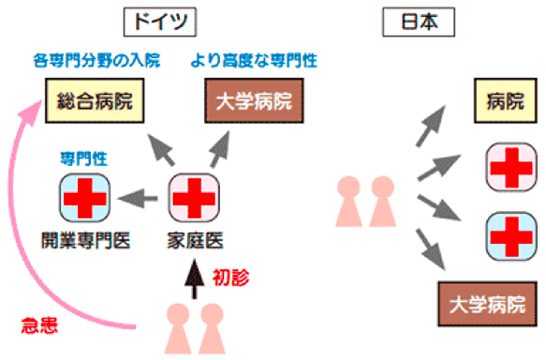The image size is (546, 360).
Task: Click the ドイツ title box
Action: pyautogui.click(x=160, y=22)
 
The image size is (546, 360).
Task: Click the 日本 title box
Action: pyautogui.click(x=419, y=22)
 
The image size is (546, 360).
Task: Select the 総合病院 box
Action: pyautogui.click(x=95, y=101)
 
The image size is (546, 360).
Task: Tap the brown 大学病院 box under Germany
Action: pyautogui.click(x=254, y=101)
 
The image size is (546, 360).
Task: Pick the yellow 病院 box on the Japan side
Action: pyautogui.click(x=505, y=101)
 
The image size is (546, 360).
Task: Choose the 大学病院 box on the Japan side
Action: pyautogui.click(x=488, y=304)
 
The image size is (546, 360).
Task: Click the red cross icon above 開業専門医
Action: pyautogui.click(x=85, y=198)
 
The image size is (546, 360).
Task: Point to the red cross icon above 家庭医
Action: pyautogui.click(x=194, y=198)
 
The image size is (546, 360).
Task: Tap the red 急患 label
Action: pyautogui.click(x=39, y=326)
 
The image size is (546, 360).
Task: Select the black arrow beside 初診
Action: pyautogui.click(x=194, y=279)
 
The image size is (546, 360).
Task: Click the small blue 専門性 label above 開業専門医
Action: pyautogui.click(x=84, y=158)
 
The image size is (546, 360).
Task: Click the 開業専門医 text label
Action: pyautogui.click(x=86, y=241)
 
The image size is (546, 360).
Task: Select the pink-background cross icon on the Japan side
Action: pyautogui.click(x=511, y=167)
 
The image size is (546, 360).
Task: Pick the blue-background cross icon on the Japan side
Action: pyautogui.click(x=511, y=236)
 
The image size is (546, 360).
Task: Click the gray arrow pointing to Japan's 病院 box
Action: pyautogui.click(x=431, y=126)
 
